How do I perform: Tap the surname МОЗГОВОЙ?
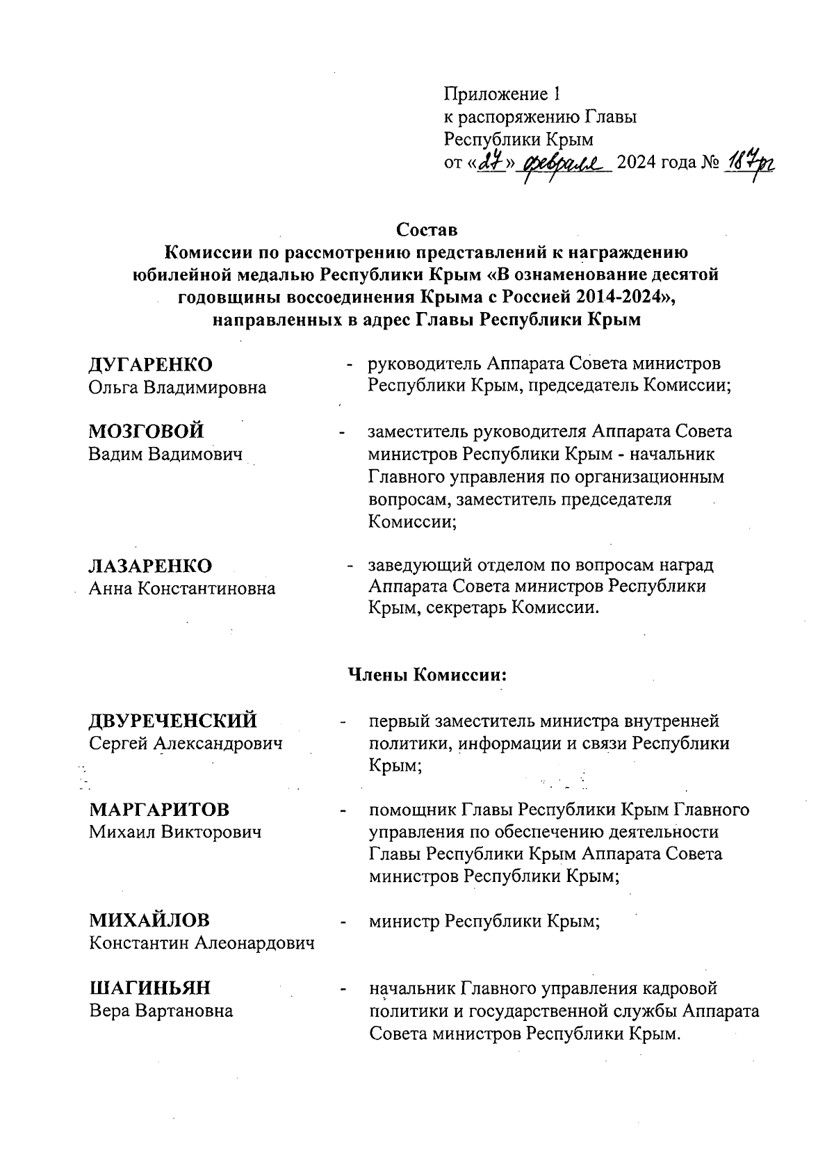[x=147, y=432]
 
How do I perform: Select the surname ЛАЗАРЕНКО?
[x=151, y=566]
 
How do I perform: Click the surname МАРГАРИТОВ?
[x=159, y=810]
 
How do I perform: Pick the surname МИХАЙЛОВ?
[x=149, y=921]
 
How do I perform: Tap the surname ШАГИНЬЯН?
[x=150, y=988]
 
